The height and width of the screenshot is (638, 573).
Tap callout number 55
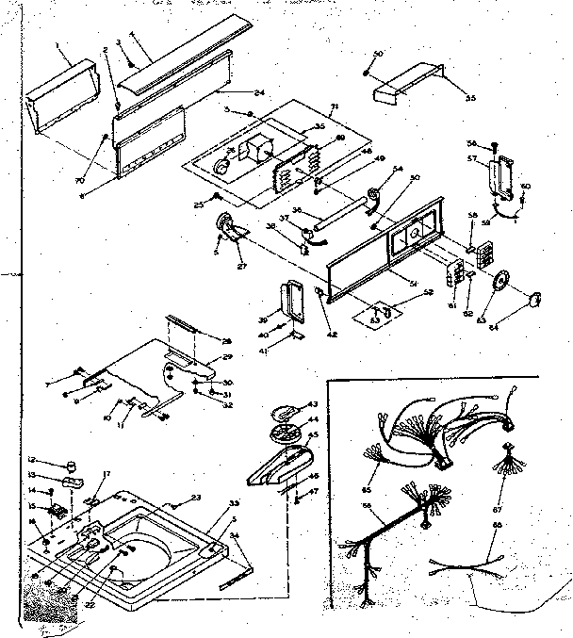470,97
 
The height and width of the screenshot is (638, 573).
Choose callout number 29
226,359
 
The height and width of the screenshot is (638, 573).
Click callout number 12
31,459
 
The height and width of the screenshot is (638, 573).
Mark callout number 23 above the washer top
196,499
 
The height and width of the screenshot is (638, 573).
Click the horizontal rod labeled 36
339,217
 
